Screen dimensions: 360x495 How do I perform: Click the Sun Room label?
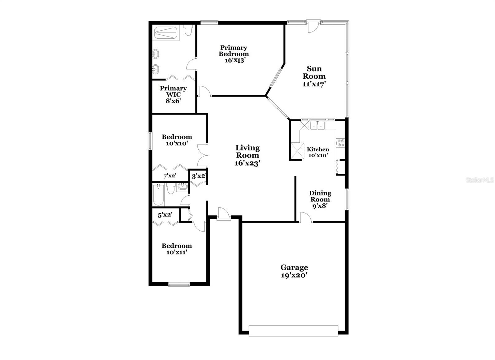314,72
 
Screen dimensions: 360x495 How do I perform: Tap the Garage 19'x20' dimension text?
294,275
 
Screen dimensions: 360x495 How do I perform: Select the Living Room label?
247,151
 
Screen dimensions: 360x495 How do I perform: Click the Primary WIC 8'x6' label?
173,94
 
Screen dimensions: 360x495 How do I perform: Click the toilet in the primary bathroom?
188,30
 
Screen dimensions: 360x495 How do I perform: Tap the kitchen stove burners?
341,143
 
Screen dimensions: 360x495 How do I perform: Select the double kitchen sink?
317,125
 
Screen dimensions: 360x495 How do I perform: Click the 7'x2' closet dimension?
170,176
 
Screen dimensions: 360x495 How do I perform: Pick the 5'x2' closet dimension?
165,215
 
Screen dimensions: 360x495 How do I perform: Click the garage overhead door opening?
293,331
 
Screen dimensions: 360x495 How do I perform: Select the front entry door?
223,214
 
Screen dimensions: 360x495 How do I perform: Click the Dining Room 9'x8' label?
320,199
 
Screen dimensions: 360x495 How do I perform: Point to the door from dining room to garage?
306,217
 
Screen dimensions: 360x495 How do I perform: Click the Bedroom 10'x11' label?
177,249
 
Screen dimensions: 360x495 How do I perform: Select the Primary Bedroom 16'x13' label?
234,54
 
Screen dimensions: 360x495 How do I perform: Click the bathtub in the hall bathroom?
158,195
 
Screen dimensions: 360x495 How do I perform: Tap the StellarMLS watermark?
480,180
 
